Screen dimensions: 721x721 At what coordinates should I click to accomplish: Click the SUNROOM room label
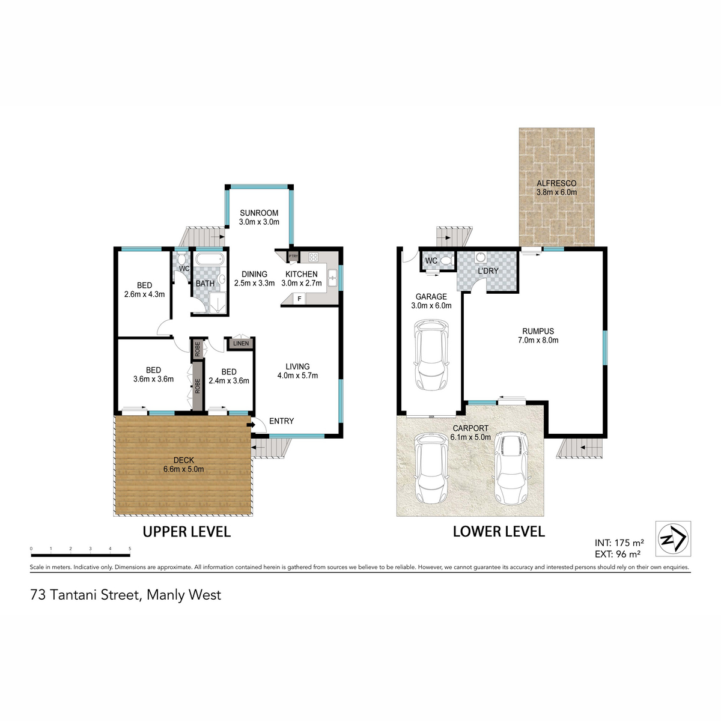pos(259,213)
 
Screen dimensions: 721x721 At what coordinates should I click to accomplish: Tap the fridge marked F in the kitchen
pos(299,299)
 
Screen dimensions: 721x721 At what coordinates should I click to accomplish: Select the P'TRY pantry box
pos(293,257)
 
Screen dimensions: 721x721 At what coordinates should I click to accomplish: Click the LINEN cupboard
pos(240,343)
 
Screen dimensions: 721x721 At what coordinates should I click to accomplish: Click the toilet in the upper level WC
pos(182,259)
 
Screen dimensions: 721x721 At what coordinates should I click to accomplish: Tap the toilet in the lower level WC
pos(446,260)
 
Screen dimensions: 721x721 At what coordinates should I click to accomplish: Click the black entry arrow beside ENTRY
pos(251,425)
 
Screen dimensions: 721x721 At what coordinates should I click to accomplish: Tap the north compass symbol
pos(673,538)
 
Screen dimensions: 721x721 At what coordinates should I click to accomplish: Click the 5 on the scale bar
pos(130,549)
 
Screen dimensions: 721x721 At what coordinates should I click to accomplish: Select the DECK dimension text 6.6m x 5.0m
pos(184,469)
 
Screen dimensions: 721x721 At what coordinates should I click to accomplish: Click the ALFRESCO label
pos(556,183)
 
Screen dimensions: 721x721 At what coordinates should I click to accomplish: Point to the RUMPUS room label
pos(538,331)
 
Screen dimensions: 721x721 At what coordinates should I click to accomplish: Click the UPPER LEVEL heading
pos(187,532)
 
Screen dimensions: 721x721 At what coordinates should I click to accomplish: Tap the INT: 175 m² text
pos(619,542)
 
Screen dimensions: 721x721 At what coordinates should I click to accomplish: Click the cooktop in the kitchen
pos(314,257)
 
